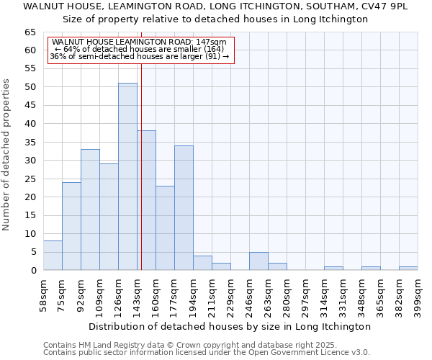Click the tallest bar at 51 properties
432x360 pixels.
tap(127, 176)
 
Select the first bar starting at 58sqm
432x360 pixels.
tap(53, 256)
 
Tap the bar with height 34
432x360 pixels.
tap(184, 208)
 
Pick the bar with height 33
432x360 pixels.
tap(90, 210)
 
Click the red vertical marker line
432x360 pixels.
tap(141, 180)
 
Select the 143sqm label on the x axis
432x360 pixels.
tap(137, 295)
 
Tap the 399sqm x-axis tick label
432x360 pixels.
tap(418, 295)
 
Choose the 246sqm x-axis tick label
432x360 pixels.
tap(249, 295)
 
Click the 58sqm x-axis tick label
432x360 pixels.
tap(43, 295)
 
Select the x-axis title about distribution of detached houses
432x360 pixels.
tap(230, 326)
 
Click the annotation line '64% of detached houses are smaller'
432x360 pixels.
tap(140, 49)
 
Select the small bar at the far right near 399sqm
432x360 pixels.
tap(408, 269)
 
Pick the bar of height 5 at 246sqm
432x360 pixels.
tap(258, 261)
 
